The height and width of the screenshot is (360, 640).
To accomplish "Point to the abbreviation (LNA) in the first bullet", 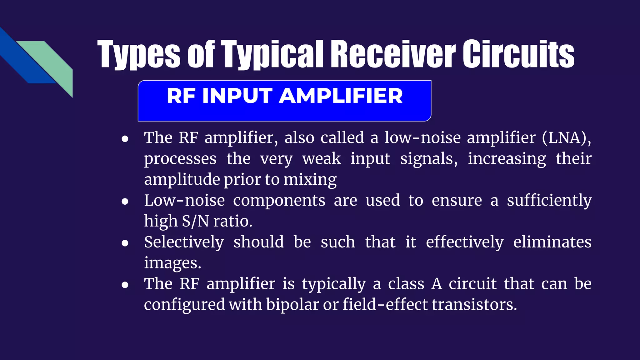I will click(x=566, y=138).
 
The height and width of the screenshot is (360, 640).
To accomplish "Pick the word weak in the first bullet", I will click(x=321, y=159).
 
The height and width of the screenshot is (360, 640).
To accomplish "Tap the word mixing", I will click(x=310, y=180).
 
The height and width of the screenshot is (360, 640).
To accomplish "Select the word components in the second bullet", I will click(x=279, y=200).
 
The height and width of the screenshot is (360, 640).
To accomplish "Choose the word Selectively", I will click(x=184, y=242).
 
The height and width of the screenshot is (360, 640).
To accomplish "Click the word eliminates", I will click(x=552, y=242).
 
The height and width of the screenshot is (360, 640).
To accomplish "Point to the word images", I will click(x=172, y=263).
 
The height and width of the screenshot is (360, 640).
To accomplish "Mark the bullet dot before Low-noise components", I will click(x=125, y=202).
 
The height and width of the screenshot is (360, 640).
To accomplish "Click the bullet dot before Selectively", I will click(x=125, y=243).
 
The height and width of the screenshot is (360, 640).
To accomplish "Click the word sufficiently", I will click(x=549, y=201).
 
